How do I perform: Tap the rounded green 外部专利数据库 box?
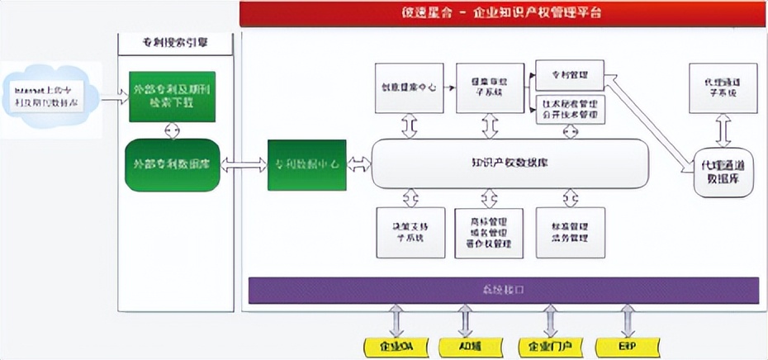pos(171,164)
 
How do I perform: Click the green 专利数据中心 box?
pos(306,164)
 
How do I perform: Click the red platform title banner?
pos(503,13)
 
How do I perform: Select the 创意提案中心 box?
pos(409,88)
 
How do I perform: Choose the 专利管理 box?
pos(570,74)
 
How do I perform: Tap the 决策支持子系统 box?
pos(409,230)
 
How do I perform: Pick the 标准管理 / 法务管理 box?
pos(571,230)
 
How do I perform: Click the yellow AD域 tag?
pos(467,346)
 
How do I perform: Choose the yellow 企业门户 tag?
pos(550,346)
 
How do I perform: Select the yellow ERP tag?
pos(627,346)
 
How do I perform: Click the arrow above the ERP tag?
pos(628,320)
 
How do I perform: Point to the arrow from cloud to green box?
pos(113,96)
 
